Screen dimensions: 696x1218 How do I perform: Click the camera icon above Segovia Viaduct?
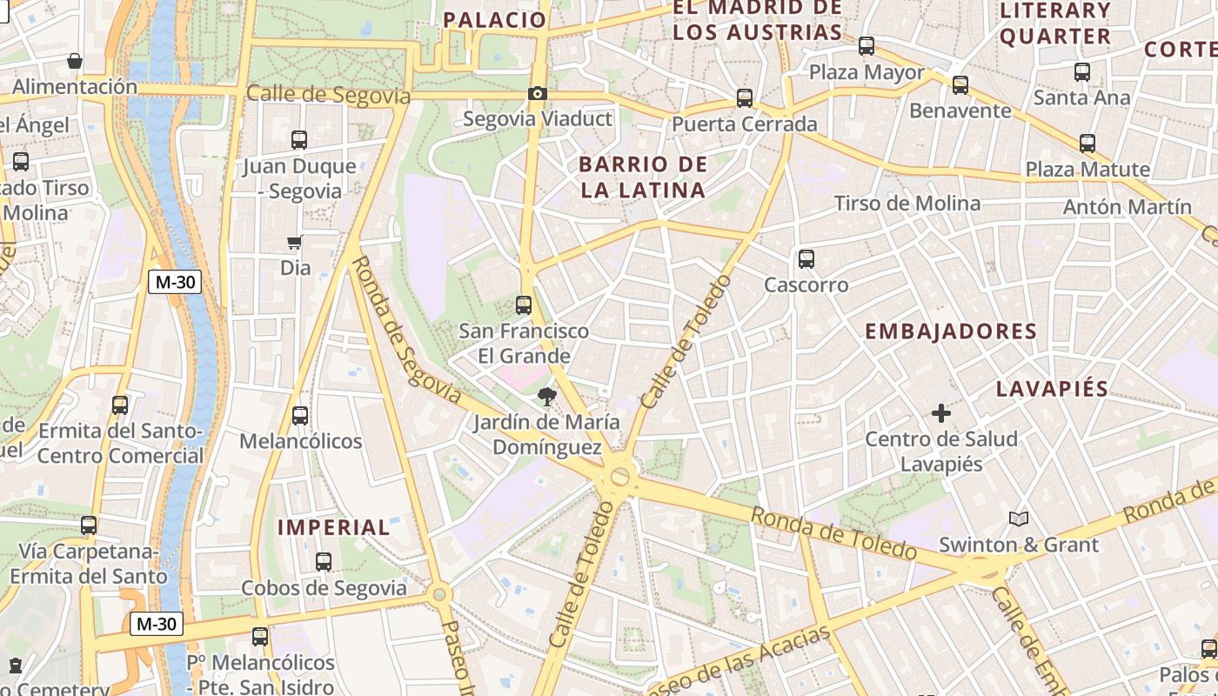(x=538, y=93)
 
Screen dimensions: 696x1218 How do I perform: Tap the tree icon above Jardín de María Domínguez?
(x=547, y=398)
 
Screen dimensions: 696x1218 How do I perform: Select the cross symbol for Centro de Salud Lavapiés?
(x=940, y=413)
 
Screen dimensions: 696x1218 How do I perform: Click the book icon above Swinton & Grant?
(x=1019, y=519)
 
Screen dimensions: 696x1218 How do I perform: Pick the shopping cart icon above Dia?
(x=295, y=243)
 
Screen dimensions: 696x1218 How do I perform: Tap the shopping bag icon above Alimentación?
(x=75, y=62)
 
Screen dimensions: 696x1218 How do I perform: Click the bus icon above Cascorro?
(x=806, y=259)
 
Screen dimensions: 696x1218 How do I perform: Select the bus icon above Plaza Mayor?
(x=866, y=46)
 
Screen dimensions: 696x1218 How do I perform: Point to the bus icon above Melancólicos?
(x=300, y=416)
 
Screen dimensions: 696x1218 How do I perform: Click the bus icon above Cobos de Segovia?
(x=324, y=562)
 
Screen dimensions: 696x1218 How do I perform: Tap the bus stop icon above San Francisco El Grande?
(x=524, y=305)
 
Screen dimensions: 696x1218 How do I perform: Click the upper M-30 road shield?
(x=175, y=282)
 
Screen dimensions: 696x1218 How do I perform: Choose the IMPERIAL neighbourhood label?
(x=334, y=527)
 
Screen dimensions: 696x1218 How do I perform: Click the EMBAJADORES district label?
(x=951, y=331)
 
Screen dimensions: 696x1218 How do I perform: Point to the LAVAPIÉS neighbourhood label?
(x=1052, y=389)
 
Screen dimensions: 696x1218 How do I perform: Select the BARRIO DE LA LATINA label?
(x=642, y=177)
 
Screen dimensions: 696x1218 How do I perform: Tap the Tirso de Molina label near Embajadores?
(x=907, y=204)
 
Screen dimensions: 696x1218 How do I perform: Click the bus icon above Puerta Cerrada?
(x=745, y=98)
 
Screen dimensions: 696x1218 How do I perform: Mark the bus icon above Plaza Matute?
(x=1087, y=144)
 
